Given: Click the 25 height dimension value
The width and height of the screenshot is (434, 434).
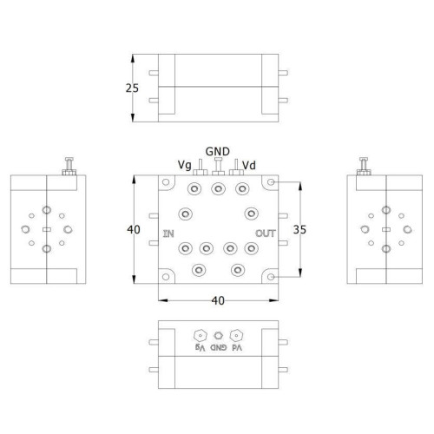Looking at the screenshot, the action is coord(132,88).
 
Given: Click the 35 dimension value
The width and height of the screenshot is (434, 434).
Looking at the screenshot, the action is coord(299,229).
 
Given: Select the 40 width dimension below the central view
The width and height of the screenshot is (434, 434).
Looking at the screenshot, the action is coord(218,300).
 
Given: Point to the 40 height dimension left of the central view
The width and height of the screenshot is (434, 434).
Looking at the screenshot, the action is coord(134,229).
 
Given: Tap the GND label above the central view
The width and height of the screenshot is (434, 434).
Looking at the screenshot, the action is coord(218,151).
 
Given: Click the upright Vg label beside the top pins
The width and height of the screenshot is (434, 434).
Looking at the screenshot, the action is coord(185,165).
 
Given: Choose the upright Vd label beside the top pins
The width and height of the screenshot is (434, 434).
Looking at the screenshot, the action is coord(249,165).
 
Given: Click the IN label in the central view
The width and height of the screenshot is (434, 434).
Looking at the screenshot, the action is coord(168,233).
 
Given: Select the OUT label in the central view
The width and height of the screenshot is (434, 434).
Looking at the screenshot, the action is coord(266,233).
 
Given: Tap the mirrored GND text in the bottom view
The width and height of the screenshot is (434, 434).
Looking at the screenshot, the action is coord(219,347).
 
